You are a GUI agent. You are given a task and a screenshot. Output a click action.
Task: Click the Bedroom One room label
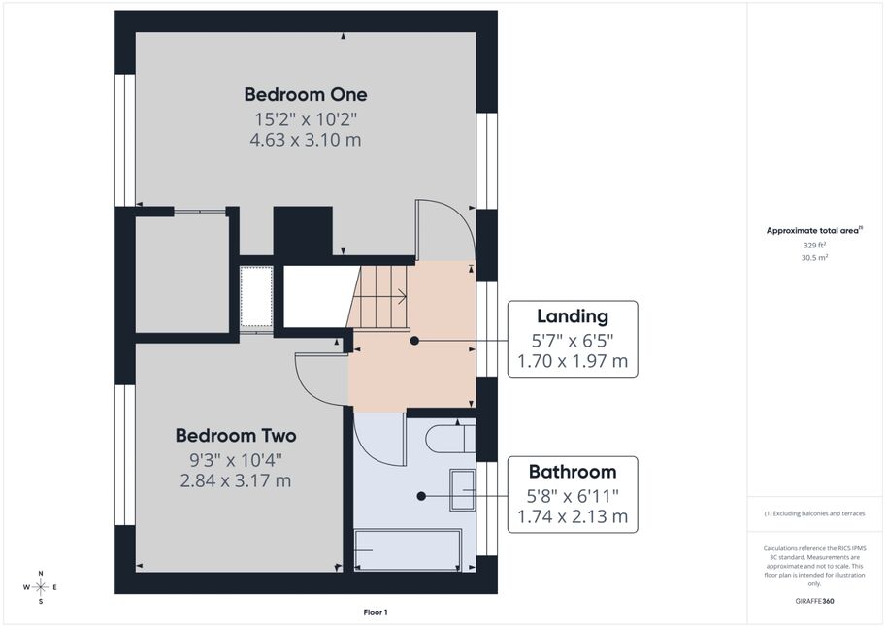pyautogui.click(x=306, y=94)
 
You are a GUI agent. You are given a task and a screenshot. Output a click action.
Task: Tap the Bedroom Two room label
pyautogui.click(x=236, y=436)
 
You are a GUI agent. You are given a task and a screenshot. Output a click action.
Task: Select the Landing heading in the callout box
pyautogui.click(x=573, y=316)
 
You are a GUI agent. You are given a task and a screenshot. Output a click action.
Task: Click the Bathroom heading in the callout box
pyautogui.click(x=573, y=472)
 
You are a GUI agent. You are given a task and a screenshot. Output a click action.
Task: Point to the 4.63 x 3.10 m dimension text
pyautogui.click(x=306, y=140)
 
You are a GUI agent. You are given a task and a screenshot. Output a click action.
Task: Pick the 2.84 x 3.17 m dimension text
pyautogui.click(x=236, y=480)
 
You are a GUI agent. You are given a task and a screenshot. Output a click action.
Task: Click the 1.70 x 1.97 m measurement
pyautogui.click(x=573, y=361)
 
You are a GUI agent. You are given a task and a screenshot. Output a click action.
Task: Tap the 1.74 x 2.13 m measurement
pyautogui.click(x=573, y=516)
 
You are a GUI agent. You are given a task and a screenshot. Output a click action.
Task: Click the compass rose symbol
pyautogui.click(x=41, y=587)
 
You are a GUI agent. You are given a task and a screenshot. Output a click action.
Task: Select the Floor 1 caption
pyautogui.click(x=376, y=612)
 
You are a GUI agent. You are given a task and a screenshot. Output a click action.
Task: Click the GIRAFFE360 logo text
pyautogui.click(x=814, y=601)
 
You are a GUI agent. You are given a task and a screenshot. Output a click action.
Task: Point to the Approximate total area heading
pyautogui.click(x=813, y=230)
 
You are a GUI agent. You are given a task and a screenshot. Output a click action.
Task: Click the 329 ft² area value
pyautogui.click(x=814, y=246)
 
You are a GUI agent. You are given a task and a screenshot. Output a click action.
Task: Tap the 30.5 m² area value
pyautogui.click(x=814, y=258)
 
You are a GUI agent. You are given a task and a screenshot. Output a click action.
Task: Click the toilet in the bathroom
pyautogui.click(x=450, y=438)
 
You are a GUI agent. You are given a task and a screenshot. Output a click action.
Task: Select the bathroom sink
pyautogui.click(x=462, y=489)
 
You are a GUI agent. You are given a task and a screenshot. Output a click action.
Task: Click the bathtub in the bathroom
pyautogui.click(x=408, y=550)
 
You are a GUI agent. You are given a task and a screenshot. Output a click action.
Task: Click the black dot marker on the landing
pyautogui.click(x=414, y=341)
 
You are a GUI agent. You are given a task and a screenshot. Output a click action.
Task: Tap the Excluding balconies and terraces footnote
pyautogui.click(x=814, y=513)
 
